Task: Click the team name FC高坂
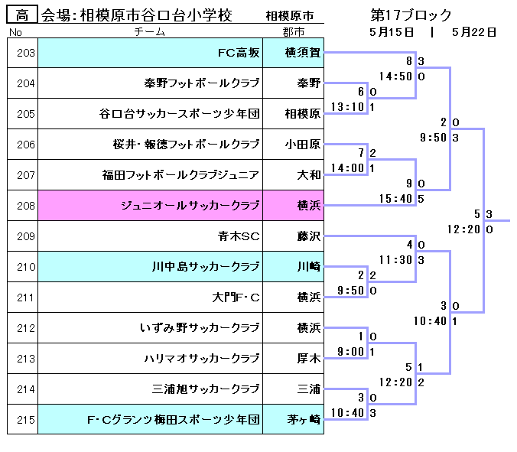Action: pyautogui.click(x=239, y=53)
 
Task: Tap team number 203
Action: pyautogui.click(x=25, y=53)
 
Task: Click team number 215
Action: pyautogui.click(x=25, y=420)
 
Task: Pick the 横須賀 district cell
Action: pyautogui.click(x=302, y=53)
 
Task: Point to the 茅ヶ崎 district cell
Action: pyautogui.click(x=302, y=420)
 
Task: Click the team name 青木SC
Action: pyautogui.click(x=239, y=236)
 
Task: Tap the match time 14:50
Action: pyautogui.click(x=395, y=76)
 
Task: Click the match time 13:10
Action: pyautogui.click(x=346, y=107)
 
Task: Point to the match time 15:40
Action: pyautogui.click(x=395, y=199)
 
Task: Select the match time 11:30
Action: pyautogui.click(x=395, y=260)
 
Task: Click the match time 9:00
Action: pyautogui.click(x=350, y=352)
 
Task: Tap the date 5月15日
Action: pyautogui.click(x=392, y=32)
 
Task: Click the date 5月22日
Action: pyautogui.click(x=474, y=32)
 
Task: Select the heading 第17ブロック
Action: pyautogui.click(x=411, y=15)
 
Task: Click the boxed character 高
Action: pyautogui.click(x=22, y=15)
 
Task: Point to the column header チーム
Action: pyautogui.click(x=149, y=32)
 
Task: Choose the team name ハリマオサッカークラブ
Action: pyautogui.click(x=202, y=359)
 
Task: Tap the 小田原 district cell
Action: pyautogui.click(x=302, y=145)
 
